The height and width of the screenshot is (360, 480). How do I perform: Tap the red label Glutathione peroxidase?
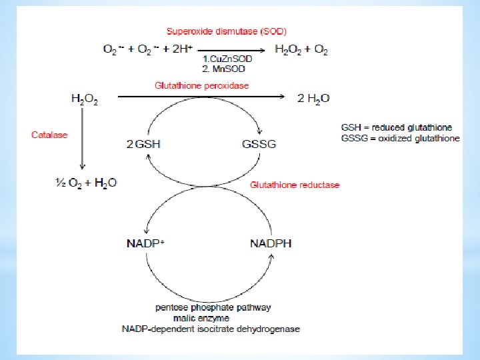point(202,85)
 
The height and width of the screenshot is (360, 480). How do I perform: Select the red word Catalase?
point(49,135)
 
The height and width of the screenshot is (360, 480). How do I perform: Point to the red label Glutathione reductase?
point(295,185)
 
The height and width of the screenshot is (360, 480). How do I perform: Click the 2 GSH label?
point(143,143)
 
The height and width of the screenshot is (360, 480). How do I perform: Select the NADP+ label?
point(145,243)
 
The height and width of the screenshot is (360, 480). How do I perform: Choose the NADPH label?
point(271,243)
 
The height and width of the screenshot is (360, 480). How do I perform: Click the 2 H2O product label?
point(313,99)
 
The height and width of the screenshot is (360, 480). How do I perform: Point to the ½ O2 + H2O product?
point(86,182)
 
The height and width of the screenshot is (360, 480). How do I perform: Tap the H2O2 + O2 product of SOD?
point(301,49)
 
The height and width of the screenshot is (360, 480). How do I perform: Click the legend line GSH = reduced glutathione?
point(396,127)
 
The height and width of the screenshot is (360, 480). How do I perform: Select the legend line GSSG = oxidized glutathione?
point(400,138)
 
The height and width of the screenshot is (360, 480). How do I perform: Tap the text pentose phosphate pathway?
point(213,308)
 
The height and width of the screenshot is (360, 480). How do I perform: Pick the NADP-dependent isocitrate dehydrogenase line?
point(211,329)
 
